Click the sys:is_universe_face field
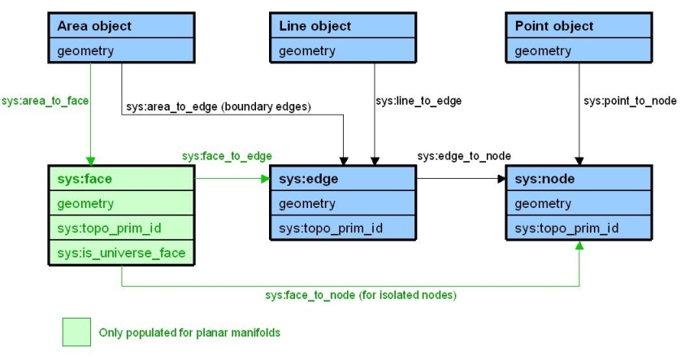tap(122, 253)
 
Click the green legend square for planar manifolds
tap(77, 332)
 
